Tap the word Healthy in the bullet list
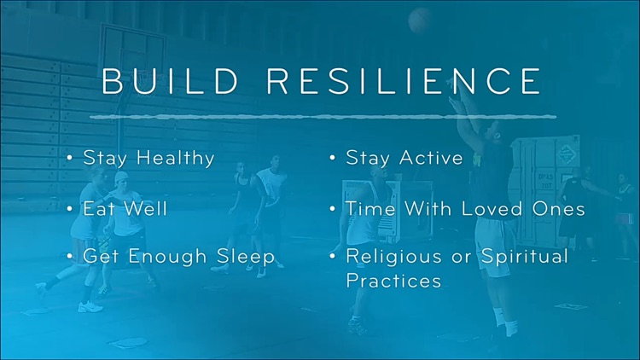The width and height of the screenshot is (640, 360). [x=175, y=159]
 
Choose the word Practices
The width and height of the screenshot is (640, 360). [x=393, y=281]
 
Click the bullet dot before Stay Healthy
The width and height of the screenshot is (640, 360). [x=70, y=159]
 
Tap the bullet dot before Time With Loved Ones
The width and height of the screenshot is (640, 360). [x=333, y=209]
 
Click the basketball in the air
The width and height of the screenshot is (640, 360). [x=419, y=19]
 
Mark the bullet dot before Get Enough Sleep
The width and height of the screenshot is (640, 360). [x=70, y=257]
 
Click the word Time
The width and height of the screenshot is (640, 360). [x=365, y=208]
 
